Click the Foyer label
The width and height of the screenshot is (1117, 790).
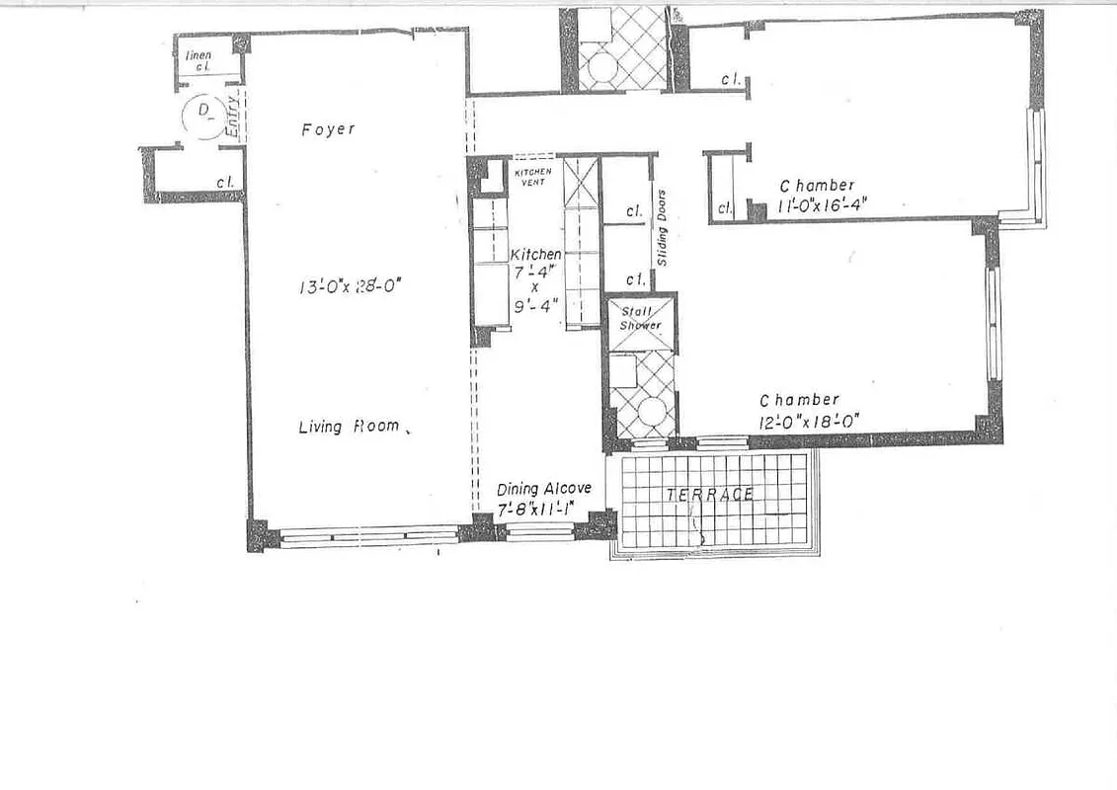click(328, 129)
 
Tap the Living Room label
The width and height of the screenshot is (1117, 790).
click(349, 427)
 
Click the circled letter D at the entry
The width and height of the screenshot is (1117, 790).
click(205, 111)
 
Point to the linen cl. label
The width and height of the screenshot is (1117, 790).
click(199, 61)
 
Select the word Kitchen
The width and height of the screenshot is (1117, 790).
click(535, 255)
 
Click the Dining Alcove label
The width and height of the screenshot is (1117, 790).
click(543, 489)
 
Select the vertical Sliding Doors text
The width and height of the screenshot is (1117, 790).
click(663, 227)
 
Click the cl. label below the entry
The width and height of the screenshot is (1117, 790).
click(224, 182)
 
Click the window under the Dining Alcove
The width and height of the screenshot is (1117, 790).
click(539, 534)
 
